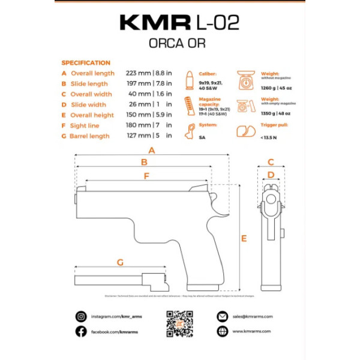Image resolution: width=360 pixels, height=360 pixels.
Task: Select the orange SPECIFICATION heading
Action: (86, 62)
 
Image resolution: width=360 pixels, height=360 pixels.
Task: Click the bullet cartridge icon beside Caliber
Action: (189, 80)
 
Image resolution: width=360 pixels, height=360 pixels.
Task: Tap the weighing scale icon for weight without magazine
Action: (246, 78)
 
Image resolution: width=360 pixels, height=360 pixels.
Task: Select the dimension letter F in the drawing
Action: (146, 176)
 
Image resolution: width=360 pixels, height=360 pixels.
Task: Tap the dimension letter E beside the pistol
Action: (244, 238)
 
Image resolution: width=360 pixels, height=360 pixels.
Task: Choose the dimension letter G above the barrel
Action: (119, 262)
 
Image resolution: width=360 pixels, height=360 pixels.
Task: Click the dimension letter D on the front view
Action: (271, 175)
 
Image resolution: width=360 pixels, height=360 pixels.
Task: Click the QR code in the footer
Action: (179, 323)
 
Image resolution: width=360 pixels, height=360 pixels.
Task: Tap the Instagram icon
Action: (81, 316)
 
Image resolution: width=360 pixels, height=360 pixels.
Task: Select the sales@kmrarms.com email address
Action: (253, 316)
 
